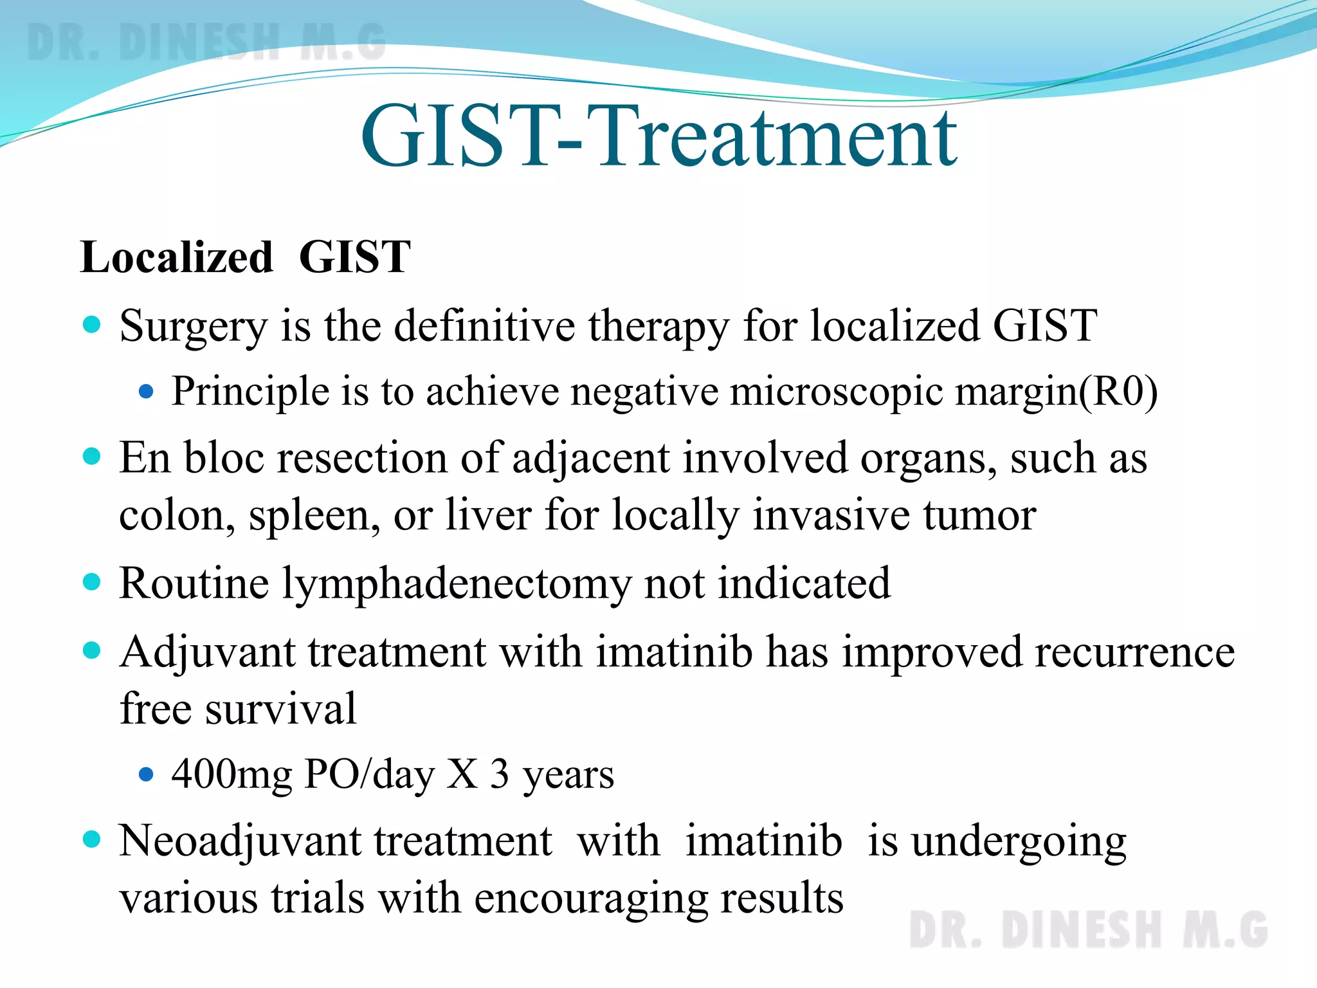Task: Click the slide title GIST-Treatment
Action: (x=658, y=136)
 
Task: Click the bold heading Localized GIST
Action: (x=245, y=257)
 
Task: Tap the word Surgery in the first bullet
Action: (x=193, y=327)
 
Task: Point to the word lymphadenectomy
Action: (x=457, y=584)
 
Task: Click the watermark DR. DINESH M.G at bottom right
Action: (x=1088, y=930)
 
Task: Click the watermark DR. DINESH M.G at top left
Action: (x=206, y=42)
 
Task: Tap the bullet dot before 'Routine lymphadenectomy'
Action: (x=93, y=581)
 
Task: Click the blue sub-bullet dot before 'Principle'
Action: (x=147, y=391)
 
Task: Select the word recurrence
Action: (x=1134, y=652)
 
